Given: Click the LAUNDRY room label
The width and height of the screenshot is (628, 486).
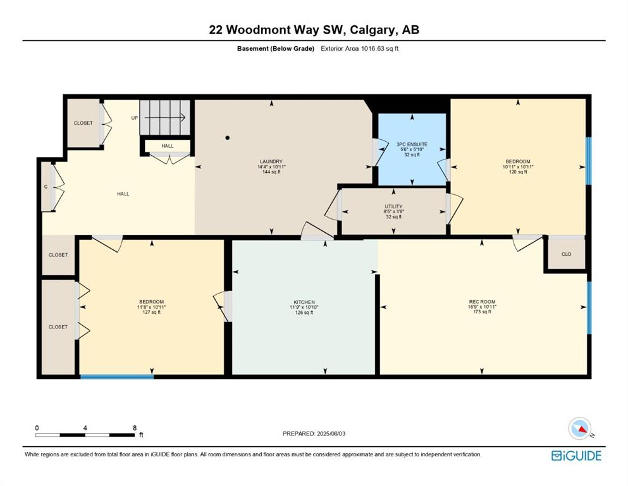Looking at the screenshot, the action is [x=271, y=161].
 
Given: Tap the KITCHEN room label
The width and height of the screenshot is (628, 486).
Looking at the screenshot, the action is [x=304, y=302].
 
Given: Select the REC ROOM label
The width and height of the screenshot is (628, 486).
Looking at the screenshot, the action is [x=482, y=302].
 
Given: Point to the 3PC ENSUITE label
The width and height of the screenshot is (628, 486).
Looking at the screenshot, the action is [x=412, y=144].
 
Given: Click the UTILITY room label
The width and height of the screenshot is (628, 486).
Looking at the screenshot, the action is [x=393, y=206].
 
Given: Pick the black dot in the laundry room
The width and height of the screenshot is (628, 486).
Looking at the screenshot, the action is [x=228, y=138].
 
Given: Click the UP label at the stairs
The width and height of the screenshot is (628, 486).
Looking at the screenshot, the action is [x=135, y=118].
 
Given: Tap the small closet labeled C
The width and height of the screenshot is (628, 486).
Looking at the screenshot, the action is [x=46, y=187].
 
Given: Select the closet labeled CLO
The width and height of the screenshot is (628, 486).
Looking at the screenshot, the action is [x=566, y=254].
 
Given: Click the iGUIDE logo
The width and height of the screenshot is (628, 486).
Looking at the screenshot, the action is [x=576, y=456].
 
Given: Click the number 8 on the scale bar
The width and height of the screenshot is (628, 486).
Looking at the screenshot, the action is [x=135, y=428].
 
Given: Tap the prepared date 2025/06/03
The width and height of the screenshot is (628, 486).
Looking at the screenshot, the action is [x=331, y=433].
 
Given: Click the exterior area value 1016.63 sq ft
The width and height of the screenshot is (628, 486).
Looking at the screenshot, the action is [x=379, y=49].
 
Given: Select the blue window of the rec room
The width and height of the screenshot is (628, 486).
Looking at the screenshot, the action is [x=589, y=308].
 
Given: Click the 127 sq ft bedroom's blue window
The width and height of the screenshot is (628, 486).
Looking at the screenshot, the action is [x=117, y=377].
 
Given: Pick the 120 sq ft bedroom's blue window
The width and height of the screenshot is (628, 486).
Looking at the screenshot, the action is [x=588, y=161].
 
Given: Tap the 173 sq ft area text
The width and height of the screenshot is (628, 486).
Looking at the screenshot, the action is [x=482, y=312].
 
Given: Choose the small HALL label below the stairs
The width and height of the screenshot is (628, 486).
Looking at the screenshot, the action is [x=168, y=146].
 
